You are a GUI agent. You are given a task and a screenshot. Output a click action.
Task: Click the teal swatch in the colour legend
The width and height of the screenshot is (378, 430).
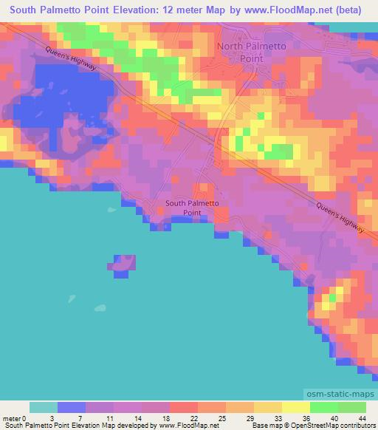click(x=44, y=407)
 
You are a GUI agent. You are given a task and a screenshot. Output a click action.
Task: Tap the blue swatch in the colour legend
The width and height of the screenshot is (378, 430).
click(x=72, y=407)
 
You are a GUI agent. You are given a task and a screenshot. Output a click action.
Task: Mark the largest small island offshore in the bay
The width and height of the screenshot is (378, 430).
click(x=123, y=264)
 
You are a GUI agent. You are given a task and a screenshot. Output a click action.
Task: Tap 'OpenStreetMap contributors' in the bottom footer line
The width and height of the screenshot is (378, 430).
click(x=336, y=426)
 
